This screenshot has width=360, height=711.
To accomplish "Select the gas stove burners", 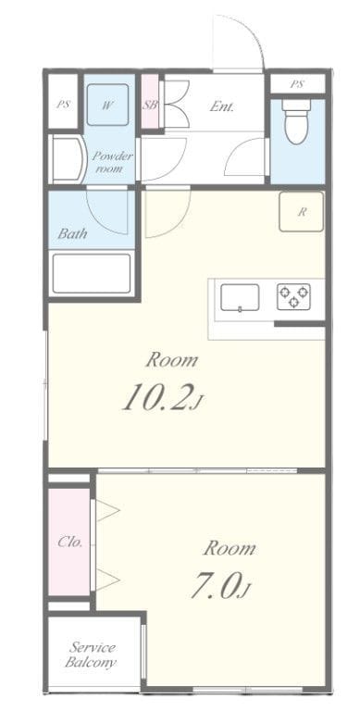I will tap(293, 297).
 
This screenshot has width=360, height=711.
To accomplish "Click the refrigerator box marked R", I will tap(302, 212).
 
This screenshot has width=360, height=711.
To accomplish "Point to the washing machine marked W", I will tap(108, 106).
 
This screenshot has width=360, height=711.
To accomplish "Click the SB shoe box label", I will tap(150, 106).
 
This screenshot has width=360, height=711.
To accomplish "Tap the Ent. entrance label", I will tap(222, 106).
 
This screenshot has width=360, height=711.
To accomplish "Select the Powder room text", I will tap(112, 162).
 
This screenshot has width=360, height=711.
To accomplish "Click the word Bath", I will tap(72, 234).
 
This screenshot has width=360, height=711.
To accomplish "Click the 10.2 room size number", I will tap(158, 398).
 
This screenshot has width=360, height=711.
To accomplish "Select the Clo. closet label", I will tap(70, 543).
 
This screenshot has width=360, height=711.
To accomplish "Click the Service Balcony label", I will tap(92, 655).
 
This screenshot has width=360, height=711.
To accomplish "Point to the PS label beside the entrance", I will tap(297, 84).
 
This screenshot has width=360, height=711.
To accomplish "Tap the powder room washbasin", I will tap(66, 159).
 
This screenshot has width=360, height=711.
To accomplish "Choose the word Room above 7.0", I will tap(230, 548).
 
